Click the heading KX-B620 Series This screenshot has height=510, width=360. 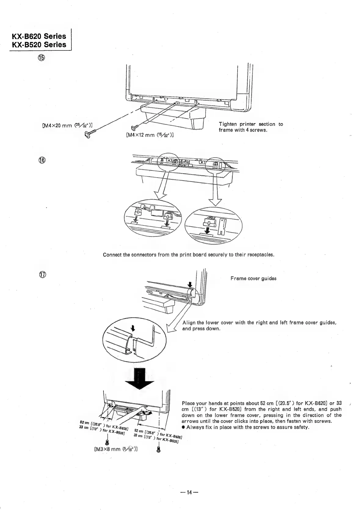click(39, 36)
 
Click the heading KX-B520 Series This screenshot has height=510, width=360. click(39, 45)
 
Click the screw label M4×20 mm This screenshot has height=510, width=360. click(67, 125)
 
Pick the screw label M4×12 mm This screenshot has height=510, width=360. click(150, 134)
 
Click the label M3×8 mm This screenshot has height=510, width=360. click(116, 449)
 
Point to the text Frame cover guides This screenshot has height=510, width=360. click(253, 278)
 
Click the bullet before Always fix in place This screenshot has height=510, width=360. click(183, 427)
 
